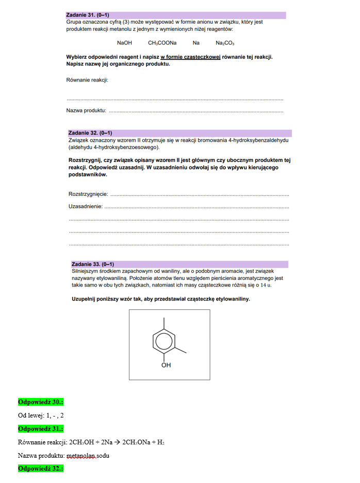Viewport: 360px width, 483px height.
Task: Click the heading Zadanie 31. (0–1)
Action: (88, 15)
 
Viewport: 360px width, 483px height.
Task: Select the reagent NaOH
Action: (124, 43)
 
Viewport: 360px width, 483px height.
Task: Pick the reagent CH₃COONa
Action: (162, 43)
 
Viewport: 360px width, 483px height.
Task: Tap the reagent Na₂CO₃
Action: (225, 43)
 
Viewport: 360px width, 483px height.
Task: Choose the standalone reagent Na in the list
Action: (196, 43)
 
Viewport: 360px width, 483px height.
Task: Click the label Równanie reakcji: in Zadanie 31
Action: (87, 80)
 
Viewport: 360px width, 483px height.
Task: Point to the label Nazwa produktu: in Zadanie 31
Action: (86, 110)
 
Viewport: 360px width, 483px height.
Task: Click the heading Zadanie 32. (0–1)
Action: (90, 133)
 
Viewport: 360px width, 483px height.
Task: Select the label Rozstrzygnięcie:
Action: (88, 194)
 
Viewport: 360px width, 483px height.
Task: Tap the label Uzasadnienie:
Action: (86, 206)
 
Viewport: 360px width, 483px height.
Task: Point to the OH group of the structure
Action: (166, 365)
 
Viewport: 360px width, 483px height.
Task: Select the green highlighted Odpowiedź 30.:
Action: (40, 402)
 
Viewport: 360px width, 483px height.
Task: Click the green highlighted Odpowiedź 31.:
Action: (40, 429)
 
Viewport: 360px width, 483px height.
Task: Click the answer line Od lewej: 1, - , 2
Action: (41, 415)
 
